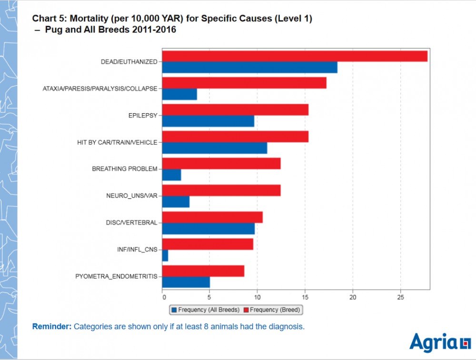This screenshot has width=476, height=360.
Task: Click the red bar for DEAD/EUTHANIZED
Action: pyautogui.click(x=295, y=56)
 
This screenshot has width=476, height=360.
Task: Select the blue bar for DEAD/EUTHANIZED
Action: pyautogui.click(x=249, y=68)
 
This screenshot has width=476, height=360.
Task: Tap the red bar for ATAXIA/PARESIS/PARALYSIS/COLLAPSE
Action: pyautogui.click(x=244, y=83)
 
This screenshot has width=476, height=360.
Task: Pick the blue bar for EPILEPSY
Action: pyautogui.click(x=208, y=121)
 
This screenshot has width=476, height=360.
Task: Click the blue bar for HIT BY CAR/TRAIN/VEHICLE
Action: pyautogui.click(x=215, y=148)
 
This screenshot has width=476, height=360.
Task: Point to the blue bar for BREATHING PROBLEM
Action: pyautogui.click(x=172, y=175)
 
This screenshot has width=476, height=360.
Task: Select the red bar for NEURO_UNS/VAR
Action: pyautogui.click(x=221, y=190)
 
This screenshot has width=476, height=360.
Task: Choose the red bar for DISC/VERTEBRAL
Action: pyautogui.click(x=212, y=217)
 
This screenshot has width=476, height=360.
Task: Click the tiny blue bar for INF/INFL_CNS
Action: pyautogui.click(x=165, y=255)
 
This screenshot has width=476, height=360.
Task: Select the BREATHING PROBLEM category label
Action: pyautogui.click(x=124, y=169)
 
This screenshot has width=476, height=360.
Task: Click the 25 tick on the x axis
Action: pyautogui.click(x=400, y=297)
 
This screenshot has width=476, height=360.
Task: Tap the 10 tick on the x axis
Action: pyautogui.click(x=257, y=297)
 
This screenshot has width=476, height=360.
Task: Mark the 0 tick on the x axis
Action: pyautogui.click(x=164, y=297)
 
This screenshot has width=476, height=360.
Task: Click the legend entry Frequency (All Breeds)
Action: pyautogui.click(x=205, y=310)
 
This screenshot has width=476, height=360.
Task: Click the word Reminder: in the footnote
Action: pyautogui.click(x=51, y=327)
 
